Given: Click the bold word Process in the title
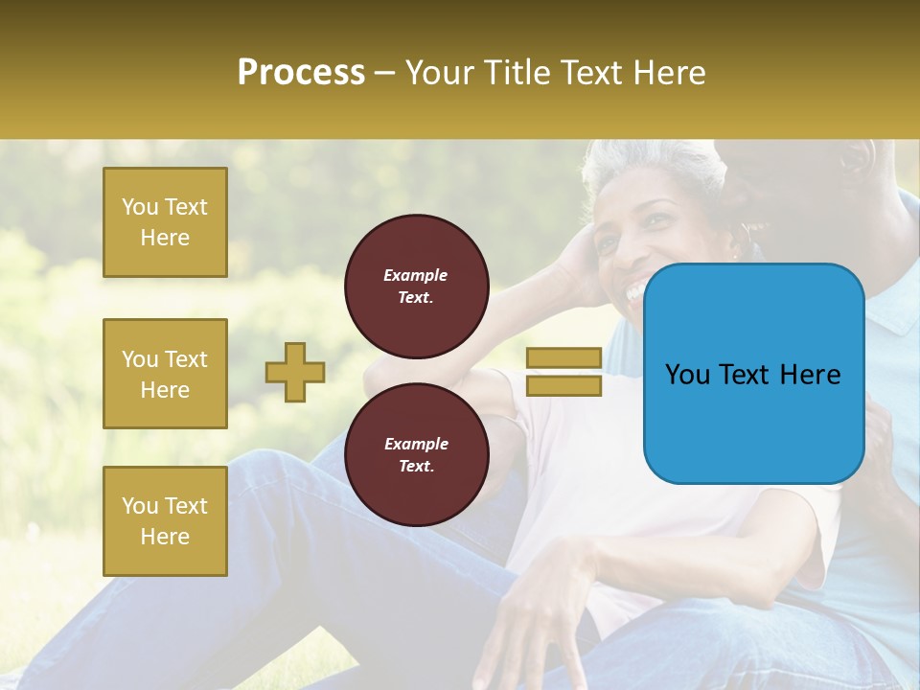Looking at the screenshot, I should tap(301, 73).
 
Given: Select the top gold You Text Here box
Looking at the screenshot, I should tap(165, 222).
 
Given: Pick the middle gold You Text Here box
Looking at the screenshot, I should tap(165, 374).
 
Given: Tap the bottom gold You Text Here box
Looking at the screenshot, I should tap(165, 520).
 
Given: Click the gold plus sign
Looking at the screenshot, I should tap(295, 372).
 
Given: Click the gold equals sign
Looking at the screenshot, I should tap(563, 372).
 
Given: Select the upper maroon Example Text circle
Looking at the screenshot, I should tap(416, 287).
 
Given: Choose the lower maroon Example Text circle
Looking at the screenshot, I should tap(416, 454).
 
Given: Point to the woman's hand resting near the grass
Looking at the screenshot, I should tap(537, 613).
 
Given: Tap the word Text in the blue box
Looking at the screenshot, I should tap(753, 375).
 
